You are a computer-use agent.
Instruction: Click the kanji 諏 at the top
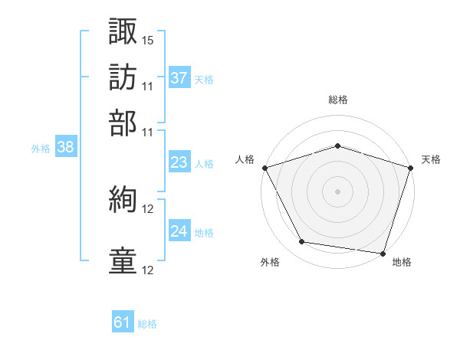(x=123, y=32)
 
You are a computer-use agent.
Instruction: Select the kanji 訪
(x=123, y=77)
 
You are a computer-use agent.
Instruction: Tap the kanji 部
(x=123, y=122)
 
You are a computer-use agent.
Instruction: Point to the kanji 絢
(x=123, y=201)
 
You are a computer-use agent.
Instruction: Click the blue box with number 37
(x=179, y=78)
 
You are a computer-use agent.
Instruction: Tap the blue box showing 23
(x=179, y=163)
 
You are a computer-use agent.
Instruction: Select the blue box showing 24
(x=179, y=231)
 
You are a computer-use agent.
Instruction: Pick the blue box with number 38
(x=65, y=148)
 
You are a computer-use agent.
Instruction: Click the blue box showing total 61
(x=123, y=323)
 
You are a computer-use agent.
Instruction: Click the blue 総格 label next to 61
(x=147, y=324)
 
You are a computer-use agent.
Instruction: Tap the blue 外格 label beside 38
(x=41, y=149)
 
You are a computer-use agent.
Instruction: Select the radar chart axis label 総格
(x=337, y=100)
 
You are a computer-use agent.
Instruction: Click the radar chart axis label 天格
(x=432, y=159)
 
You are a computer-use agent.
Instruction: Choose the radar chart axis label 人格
(x=245, y=159)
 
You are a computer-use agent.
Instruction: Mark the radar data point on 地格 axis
(x=383, y=253)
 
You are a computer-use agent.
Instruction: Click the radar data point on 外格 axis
(x=302, y=242)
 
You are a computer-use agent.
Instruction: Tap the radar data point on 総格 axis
(x=337, y=146)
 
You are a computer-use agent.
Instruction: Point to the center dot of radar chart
(x=337, y=191)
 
